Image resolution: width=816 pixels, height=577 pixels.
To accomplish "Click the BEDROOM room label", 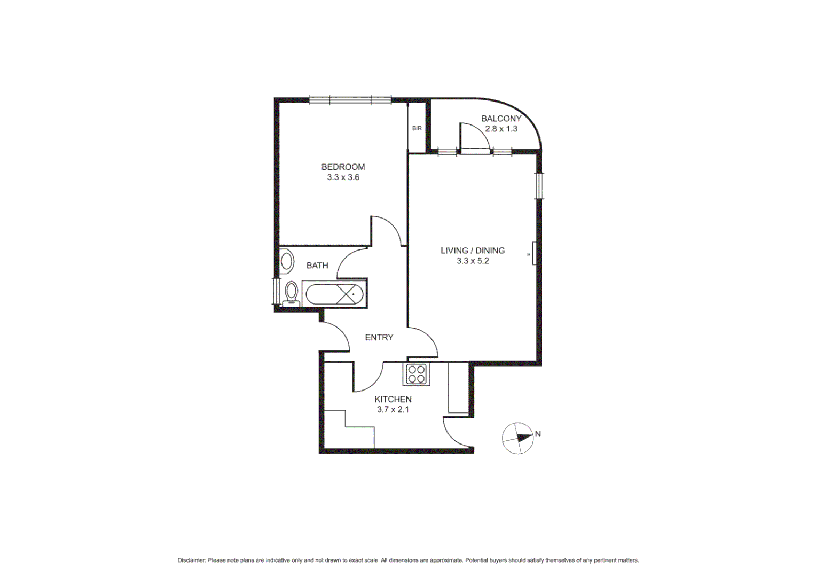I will [x=343, y=167].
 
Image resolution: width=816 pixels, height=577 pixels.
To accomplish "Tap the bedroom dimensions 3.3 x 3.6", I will [x=343, y=177].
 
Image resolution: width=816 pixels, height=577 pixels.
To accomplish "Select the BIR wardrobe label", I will [x=417, y=128].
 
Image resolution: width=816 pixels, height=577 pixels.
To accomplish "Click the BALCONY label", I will [x=501, y=119].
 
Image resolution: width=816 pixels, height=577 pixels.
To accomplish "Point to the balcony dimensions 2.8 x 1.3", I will [x=501, y=129].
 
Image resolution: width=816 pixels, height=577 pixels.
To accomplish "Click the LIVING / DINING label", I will [x=472, y=251].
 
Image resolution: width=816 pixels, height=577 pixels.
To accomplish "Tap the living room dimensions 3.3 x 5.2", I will [x=472, y=261].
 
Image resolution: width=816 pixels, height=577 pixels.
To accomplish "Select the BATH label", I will [x=317, y=266].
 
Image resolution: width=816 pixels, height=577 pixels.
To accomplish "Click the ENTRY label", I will [x=379, y=338].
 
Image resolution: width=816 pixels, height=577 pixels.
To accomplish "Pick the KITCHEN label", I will [x=393, y=400].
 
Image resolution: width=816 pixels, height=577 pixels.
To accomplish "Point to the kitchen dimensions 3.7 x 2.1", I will [x=393, y=410].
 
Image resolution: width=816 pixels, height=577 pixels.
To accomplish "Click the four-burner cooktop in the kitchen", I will [x=416, y=374].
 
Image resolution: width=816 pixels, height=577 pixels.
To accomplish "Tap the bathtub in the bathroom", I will [x=334, y=294].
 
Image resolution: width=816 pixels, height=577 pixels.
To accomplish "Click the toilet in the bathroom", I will [x=291, y=293].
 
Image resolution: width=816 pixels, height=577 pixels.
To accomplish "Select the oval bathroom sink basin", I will [x=287, y=262].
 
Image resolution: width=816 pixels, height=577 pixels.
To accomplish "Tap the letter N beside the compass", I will [x=538, y=434].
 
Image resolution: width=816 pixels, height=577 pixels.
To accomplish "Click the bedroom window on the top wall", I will [x=350, y=99].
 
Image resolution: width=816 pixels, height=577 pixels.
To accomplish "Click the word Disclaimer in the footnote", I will [x=191, y=560].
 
